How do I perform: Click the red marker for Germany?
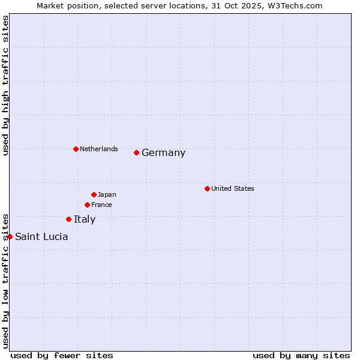pos(137,152)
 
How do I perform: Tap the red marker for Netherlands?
pos(76,149)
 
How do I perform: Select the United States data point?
pos(207,188)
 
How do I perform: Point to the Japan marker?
pos(94,194)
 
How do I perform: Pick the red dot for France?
pos(87,205)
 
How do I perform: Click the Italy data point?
pos(68,219)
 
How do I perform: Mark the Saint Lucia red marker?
pos(10,236)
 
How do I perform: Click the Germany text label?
pos(163,153)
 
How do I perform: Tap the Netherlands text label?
pos(98,149)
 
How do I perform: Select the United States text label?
pos(232,188)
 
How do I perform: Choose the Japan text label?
pos(107,194)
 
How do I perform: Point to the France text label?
pos(101,205)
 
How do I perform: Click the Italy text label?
pos(85,220)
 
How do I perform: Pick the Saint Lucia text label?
pos(41,237)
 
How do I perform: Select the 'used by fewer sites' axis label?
pos(62,355)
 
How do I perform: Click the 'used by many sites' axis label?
pos(301,355)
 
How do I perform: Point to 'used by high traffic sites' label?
pos(5,85)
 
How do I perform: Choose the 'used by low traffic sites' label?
pos(5,280)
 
